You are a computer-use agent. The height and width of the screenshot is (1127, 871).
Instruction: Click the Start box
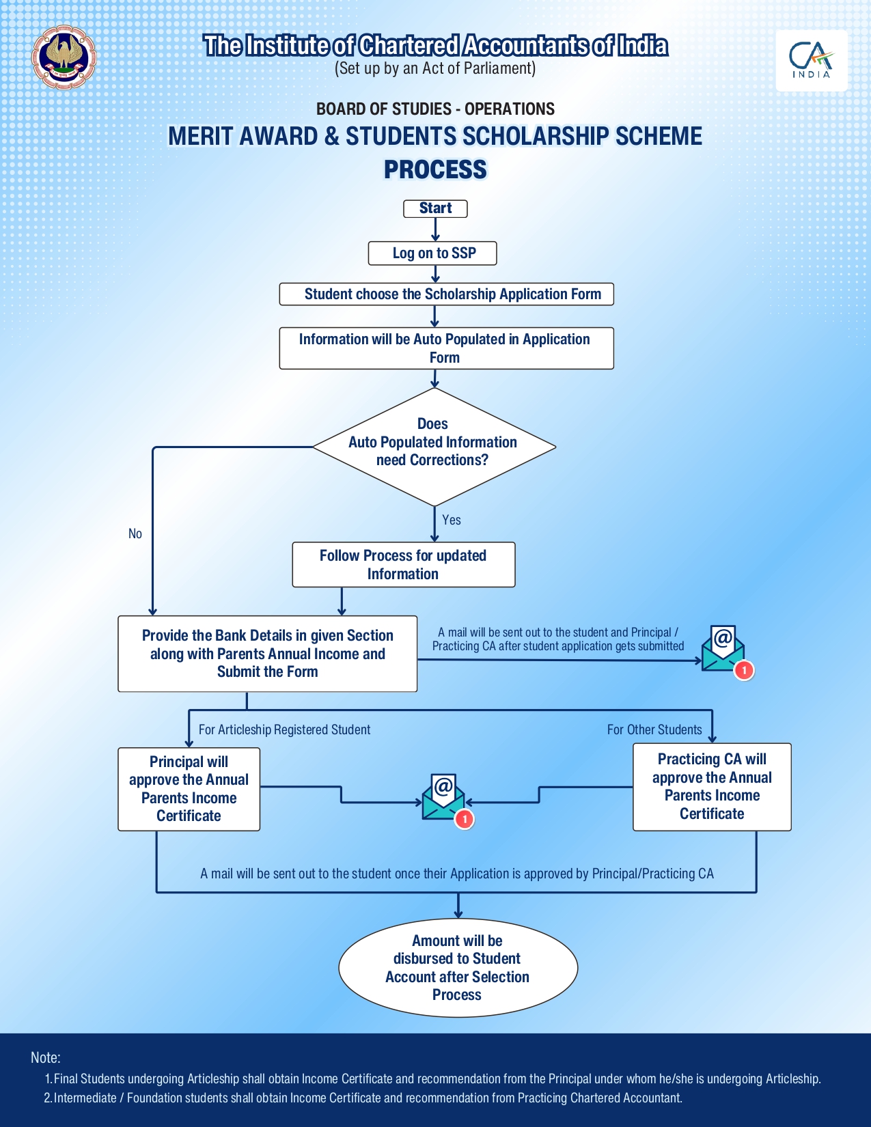(435, 208)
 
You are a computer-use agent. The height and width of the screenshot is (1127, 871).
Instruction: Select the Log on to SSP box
(432, 253)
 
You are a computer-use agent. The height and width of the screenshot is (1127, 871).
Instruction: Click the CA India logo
(811, 60)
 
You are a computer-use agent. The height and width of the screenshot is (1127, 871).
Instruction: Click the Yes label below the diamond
(452, 520)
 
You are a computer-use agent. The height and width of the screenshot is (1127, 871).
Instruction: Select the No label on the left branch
(135, 533)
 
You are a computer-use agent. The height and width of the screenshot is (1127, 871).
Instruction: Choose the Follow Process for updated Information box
(403, 565)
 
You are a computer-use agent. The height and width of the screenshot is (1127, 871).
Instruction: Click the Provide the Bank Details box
(267, 654)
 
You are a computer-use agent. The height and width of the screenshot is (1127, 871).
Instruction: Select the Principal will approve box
(189, 789)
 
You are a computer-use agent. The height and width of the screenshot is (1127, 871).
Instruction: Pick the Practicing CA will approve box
(712, 787)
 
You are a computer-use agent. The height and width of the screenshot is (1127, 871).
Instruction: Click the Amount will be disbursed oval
(458, 968)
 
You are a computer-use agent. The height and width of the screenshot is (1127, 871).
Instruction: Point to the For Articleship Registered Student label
(284, 729)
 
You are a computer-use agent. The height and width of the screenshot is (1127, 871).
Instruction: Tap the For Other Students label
(654, 729)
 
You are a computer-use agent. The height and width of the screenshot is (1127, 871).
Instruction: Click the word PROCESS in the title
(435, 169)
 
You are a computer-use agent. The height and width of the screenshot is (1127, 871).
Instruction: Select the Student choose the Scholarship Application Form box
(447, 294)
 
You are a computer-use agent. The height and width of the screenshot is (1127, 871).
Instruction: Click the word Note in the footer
(45, 1057)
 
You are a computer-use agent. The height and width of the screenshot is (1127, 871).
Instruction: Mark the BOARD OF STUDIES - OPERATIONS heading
(435, 109)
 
